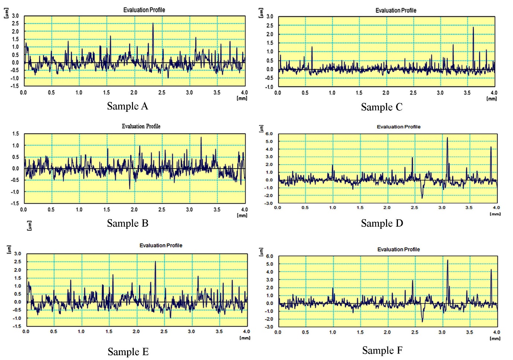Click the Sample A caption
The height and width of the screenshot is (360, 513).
[127, 106]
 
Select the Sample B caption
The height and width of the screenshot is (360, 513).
[127, 223]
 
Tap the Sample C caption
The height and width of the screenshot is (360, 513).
[381, 107]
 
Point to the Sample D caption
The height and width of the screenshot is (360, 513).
[382, 223]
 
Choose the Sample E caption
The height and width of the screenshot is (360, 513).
[128, 352]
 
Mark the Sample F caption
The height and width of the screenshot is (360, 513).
[382, 350]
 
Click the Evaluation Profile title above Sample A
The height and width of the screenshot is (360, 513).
[144, 10]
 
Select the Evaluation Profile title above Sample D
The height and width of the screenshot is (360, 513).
[399, 127]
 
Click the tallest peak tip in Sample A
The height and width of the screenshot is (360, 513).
[153, 24]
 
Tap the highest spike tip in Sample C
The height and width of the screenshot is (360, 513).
[473, 27]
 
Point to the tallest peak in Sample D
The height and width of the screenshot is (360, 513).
[447, 138]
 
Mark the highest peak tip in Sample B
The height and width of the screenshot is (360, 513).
[201, 137]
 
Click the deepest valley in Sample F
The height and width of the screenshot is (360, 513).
[422, 321]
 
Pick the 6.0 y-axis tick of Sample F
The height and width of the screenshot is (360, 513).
[269, 256]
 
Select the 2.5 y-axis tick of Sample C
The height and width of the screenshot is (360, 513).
[269, 26]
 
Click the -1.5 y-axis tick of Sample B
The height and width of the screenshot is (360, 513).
[15, 204]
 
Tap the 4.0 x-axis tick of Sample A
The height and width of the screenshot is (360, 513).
[244, 93]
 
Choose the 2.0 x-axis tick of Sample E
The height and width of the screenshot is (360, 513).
[136, 331]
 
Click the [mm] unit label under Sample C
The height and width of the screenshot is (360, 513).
[491, 99]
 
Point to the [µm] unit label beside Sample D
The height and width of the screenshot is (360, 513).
[261, 129]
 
